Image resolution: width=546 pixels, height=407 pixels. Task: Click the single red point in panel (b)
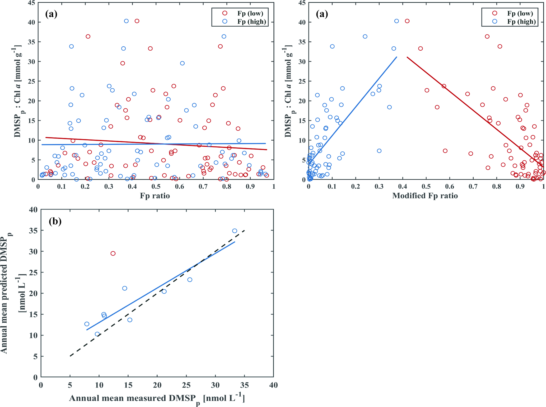point(113,253)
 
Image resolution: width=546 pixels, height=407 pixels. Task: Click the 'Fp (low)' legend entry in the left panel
point(250,13)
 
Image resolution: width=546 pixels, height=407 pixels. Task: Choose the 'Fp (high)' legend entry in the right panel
point(521,22)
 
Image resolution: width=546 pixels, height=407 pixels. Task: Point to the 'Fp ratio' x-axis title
point(155,196)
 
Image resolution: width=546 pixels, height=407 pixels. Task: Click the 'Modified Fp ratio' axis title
point(425,196)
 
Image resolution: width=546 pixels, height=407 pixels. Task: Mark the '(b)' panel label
point(55,221)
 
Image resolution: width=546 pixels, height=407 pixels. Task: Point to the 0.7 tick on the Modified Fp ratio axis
point(473,186)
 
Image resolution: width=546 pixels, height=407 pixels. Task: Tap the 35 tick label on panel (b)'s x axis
point(244,385)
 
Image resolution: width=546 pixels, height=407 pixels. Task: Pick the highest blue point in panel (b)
point(235,231)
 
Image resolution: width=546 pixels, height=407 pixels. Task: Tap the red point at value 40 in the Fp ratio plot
point(137,21)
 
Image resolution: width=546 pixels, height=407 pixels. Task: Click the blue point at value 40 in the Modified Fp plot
point(396,21)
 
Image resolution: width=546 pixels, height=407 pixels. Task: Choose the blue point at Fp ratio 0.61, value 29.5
point(182,63)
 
